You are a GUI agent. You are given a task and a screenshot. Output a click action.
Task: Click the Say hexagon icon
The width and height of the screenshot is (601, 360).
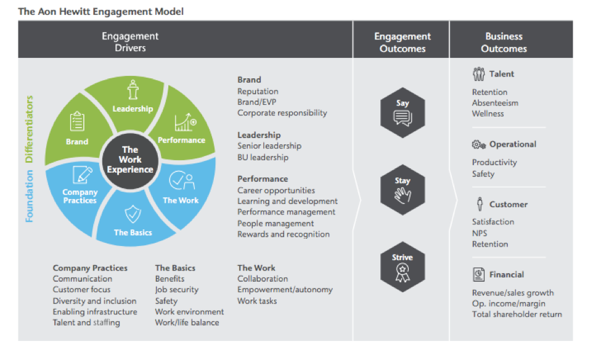(402, 112)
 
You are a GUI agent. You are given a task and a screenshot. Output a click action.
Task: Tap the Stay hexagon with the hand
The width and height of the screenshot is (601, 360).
(402, 189)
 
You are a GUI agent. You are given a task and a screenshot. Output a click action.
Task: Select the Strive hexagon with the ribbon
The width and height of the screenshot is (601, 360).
(402, 266)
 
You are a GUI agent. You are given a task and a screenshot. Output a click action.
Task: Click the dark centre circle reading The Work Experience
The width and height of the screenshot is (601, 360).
(129, 160)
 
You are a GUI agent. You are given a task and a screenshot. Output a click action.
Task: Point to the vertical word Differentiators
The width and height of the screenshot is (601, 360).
(29, 129)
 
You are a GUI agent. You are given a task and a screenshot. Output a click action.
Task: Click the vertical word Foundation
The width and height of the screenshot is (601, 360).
(29, 195)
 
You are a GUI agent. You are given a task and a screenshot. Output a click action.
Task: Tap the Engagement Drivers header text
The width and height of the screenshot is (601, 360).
(130, 42)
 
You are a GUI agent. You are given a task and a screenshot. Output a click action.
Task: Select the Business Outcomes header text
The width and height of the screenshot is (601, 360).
(504, 42)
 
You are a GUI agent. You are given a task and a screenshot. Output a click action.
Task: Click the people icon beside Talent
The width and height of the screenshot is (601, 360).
(479, 74)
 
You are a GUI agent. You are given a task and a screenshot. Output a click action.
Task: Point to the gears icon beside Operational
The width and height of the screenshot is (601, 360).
(479, 144)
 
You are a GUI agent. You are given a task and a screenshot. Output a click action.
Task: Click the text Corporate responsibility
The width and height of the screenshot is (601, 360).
(282, 113)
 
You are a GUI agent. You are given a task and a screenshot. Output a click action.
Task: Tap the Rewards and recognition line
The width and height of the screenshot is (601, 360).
(284, 234)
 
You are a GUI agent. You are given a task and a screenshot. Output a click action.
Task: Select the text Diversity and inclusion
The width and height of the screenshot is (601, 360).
(94, 301)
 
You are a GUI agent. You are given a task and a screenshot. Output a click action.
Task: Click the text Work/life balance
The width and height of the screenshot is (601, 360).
(187, 322)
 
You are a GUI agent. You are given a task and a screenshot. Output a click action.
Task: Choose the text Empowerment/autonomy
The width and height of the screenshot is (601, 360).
(285, 290)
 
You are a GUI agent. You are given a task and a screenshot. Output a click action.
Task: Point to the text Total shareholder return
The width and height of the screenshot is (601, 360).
(517, 314)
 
